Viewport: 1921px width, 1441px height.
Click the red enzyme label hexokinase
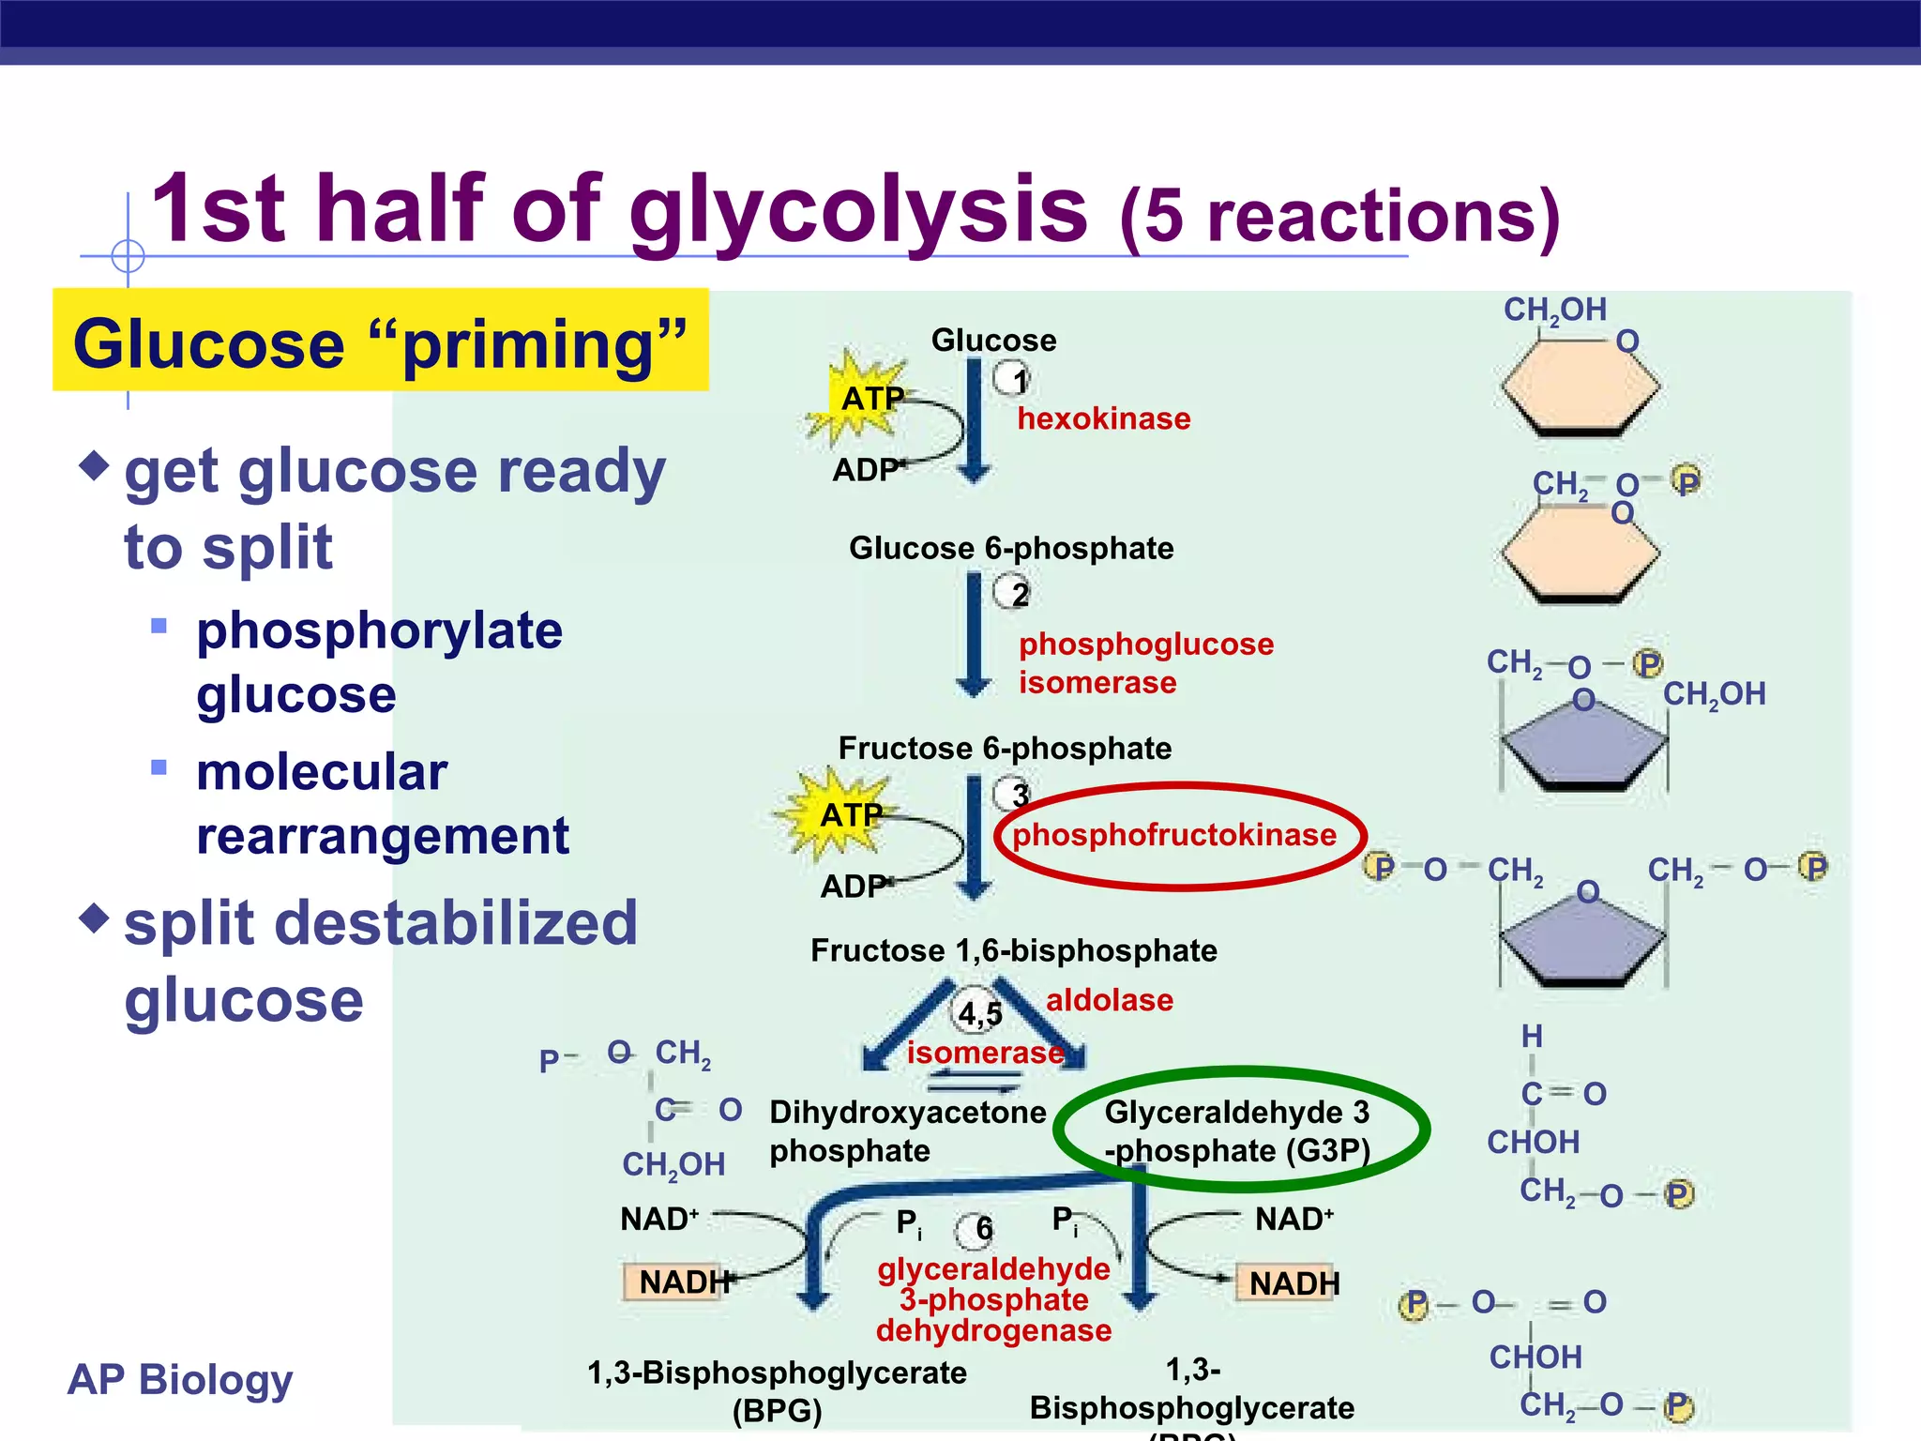click(1103, 418)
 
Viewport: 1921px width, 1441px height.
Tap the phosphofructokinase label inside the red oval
click(1173, 834)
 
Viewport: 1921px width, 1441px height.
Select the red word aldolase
click(1109, 1000)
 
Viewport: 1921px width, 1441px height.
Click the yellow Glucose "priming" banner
click(380, 341)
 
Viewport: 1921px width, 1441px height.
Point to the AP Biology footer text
click(180, 1379)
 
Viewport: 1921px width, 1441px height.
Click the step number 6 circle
click(978, 1228)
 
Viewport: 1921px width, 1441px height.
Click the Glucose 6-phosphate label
click(1011, 548)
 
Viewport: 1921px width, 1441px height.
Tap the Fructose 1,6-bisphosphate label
click(1013, 950)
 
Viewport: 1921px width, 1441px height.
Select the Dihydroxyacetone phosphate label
click(905, 1131)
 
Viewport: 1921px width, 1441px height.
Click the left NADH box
click(678, 1282)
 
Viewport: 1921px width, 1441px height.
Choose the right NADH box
click(1293, 1282)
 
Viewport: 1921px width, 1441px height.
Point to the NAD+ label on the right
click(1294, 1219)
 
